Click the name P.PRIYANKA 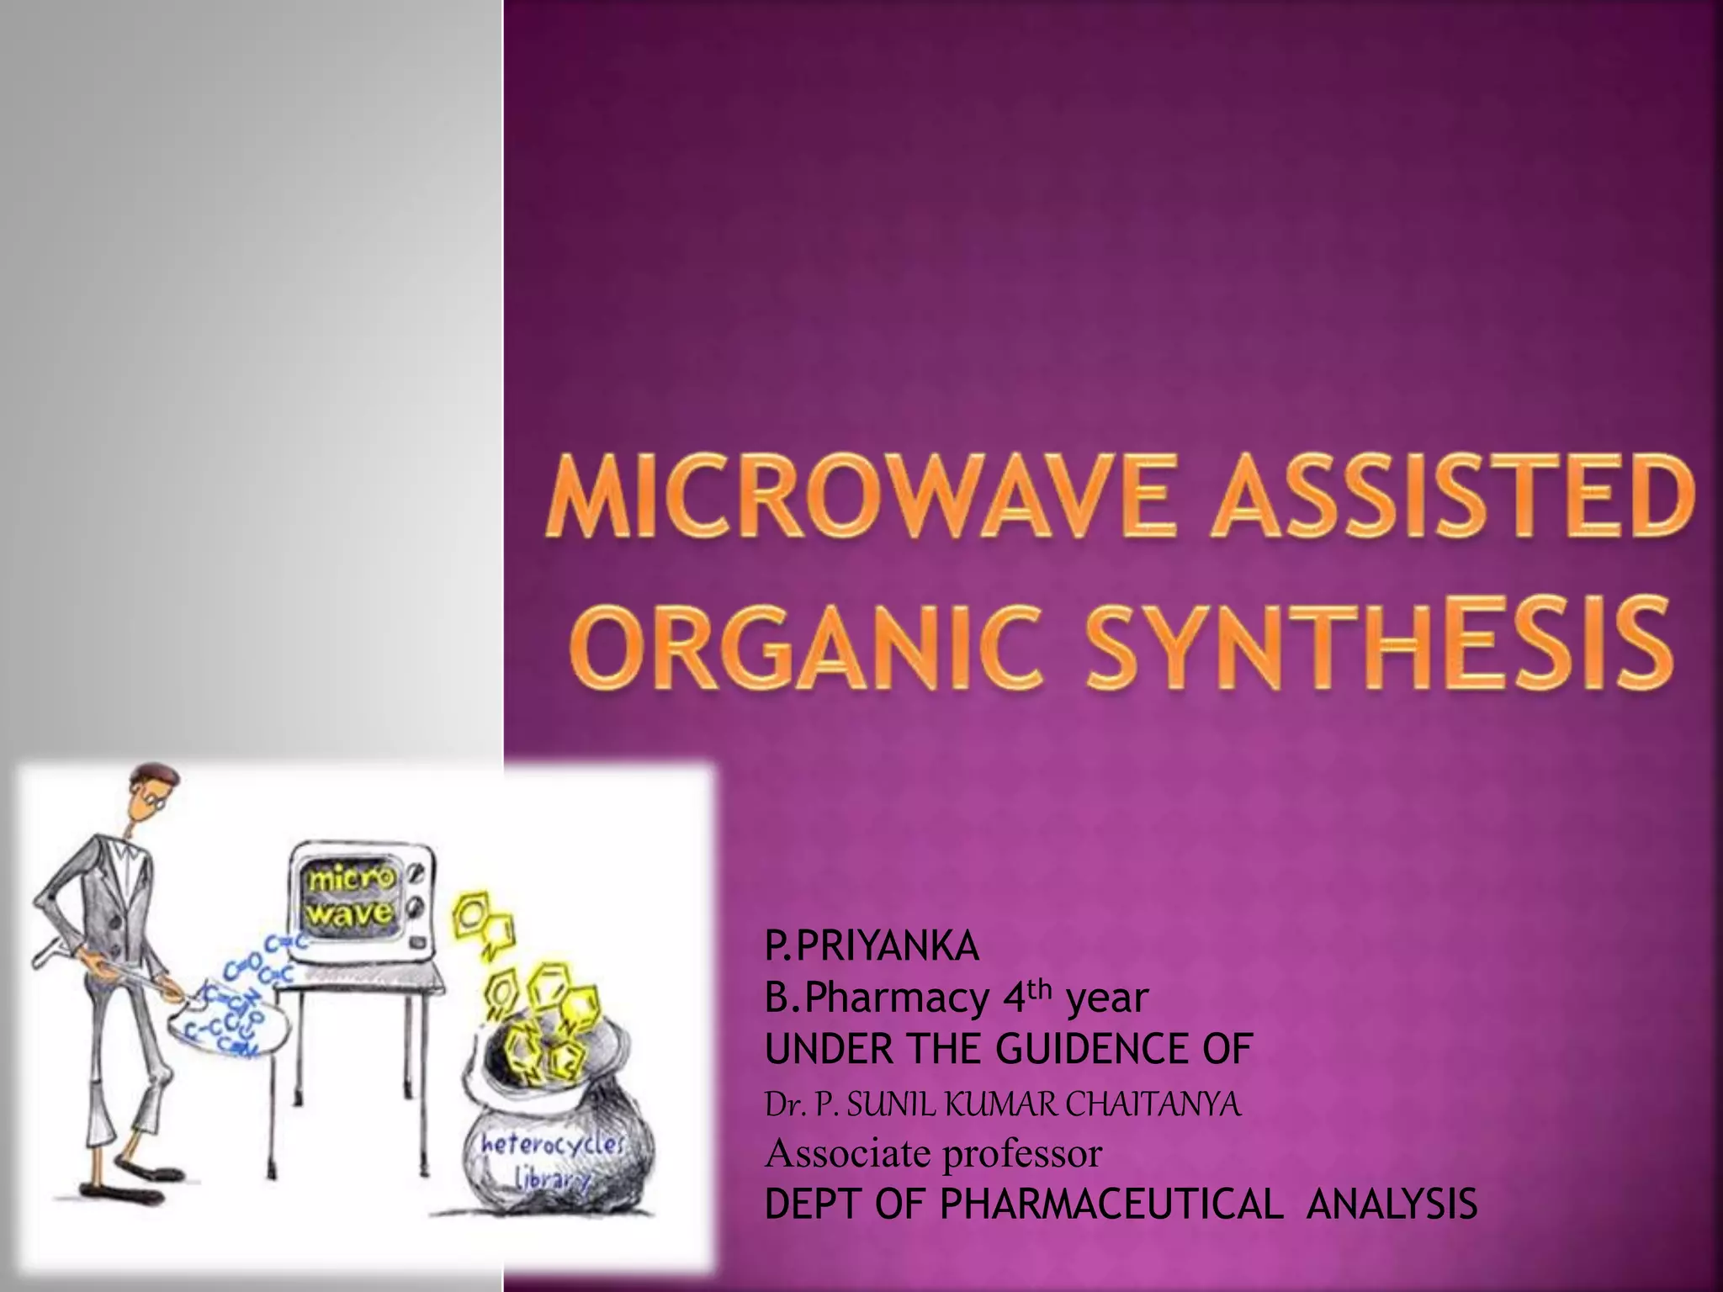pos(872,948)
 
